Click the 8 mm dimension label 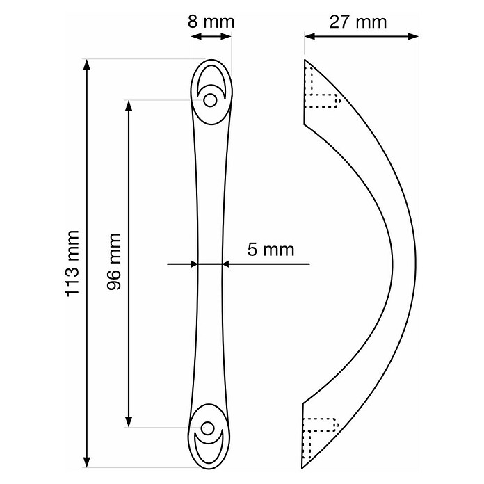click(211, 22)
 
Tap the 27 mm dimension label click(357, 22)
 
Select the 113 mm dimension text click(72, 264)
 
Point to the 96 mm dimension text click(113, 261)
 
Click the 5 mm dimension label click(271, 250)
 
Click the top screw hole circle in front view click(210, 101)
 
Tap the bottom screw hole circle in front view click(207, 428)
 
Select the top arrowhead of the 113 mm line click(87, 65)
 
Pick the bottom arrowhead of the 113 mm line click(87, 460)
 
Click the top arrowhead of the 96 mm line click(129, 106)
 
